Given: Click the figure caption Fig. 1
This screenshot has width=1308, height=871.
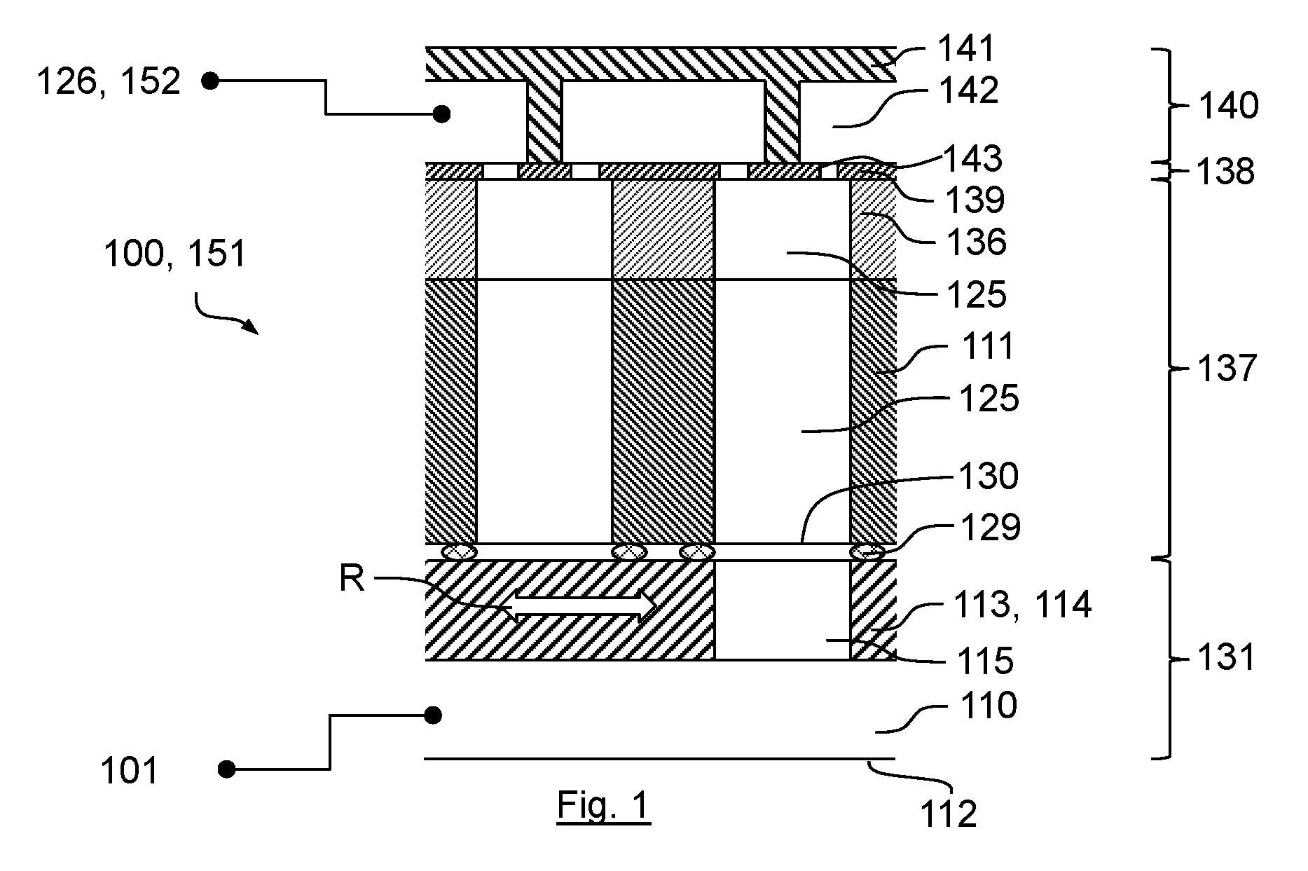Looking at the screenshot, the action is coord(604,806).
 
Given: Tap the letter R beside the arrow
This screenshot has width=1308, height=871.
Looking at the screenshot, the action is coord(352,579).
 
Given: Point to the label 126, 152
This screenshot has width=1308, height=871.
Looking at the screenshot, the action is coord(109,83).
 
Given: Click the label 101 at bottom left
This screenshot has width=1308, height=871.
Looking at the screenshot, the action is coord(130,771).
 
